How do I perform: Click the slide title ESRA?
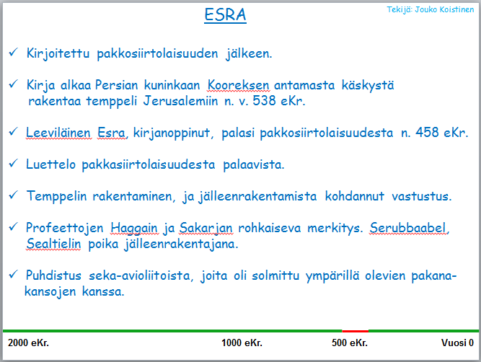[225, 14]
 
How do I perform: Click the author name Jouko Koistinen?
[444, 10]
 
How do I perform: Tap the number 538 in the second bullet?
[264, 101]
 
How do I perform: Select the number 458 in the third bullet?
[427, 133]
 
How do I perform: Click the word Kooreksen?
[239, 85]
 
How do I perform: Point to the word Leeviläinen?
[58, 133]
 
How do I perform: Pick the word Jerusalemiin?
[181, 101]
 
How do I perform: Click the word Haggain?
[133, 229]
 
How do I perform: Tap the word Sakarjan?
[206, 229]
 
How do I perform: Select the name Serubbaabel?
[407, 228]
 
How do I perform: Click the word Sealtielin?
[53, 244]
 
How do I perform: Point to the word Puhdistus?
[53, 275]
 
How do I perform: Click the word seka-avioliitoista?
[140, 275]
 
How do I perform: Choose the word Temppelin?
[57, 196]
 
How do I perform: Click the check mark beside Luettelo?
[14, 163]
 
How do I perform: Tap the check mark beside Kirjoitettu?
[14, 52]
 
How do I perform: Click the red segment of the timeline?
[356, 331]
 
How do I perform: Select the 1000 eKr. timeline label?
[242, 343]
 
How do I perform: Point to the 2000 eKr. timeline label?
[28, 343]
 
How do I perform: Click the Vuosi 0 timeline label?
[457, 343]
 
